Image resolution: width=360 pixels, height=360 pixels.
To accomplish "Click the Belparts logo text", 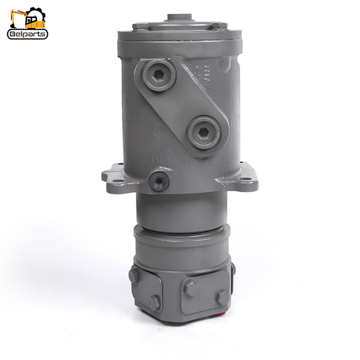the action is pyautogui.click(x=27, y=34).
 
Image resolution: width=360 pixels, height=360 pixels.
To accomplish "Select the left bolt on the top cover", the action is pyautogui.click(x=140, y=26).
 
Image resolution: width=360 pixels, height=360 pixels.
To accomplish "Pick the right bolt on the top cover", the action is pyautogui.click(x=219, y=25).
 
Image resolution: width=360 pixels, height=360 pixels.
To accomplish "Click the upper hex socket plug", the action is pyautogui.click(x=158, y=75).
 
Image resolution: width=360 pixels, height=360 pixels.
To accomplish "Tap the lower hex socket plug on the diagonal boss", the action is pyautogui.click(x=204, y=132).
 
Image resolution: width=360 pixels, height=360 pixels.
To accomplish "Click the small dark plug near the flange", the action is pyautogui.click(x=159, y=182).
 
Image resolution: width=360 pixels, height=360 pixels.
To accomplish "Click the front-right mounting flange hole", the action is pyautogui.click(x=246, y=178).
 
